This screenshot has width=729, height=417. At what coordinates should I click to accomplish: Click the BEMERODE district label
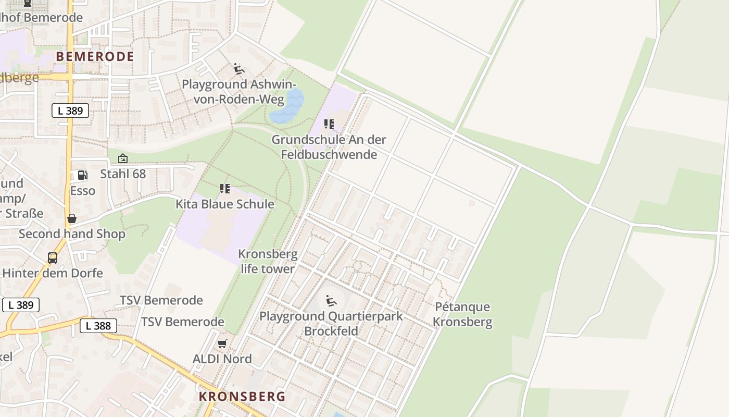(95, 56)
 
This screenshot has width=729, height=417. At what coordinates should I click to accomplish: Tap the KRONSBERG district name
(242, 396)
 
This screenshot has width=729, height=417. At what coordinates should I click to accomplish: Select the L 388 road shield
(98, 326)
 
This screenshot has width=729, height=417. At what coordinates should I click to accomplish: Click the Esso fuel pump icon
(82, 175)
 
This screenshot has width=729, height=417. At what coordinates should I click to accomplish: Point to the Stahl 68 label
(123, 174)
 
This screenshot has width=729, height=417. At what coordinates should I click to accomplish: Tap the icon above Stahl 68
(123, 158)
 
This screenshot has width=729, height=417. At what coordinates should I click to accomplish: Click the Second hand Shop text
(72, 234)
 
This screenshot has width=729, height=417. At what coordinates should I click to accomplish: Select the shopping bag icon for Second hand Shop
(72, 218)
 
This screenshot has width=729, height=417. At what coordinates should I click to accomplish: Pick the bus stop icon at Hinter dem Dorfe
(53, 257)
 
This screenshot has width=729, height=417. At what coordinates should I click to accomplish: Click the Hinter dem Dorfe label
(53, 273)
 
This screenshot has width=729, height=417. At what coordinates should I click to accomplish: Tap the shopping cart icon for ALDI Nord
(222, 344)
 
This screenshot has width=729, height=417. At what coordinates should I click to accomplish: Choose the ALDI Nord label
(222, 359)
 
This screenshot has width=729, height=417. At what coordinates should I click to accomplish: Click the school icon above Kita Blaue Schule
(225, 189)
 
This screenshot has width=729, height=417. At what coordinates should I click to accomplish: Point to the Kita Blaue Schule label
(225, 204)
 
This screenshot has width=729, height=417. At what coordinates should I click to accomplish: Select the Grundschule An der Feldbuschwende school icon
(329, 124)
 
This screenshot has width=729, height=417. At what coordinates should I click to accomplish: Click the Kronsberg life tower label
(268, 262)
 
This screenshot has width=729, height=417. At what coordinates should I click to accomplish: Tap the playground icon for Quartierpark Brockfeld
(331, 301)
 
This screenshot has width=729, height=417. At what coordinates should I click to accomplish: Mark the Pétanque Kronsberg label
(462, 314)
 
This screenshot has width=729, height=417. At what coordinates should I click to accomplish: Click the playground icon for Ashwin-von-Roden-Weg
(239, 69)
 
